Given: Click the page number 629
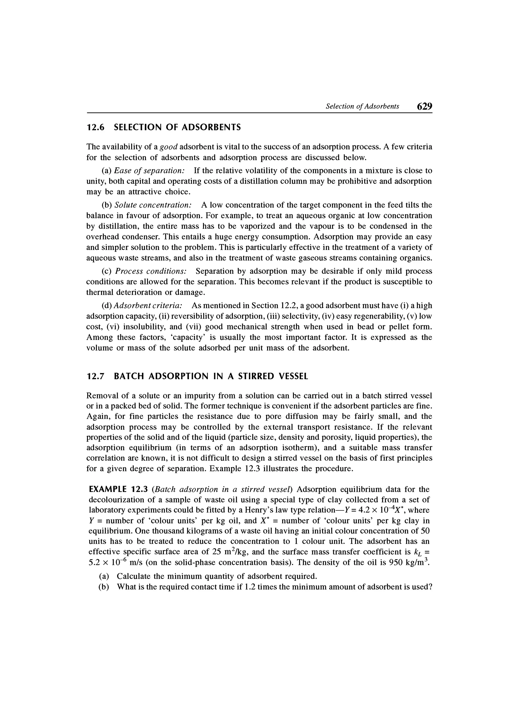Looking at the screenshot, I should [424, 106].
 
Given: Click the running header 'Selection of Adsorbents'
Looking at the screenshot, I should [362, 106].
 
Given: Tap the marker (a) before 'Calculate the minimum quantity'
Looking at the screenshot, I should [104, 576].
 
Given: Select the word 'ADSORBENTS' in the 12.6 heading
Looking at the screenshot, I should [212, 127].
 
